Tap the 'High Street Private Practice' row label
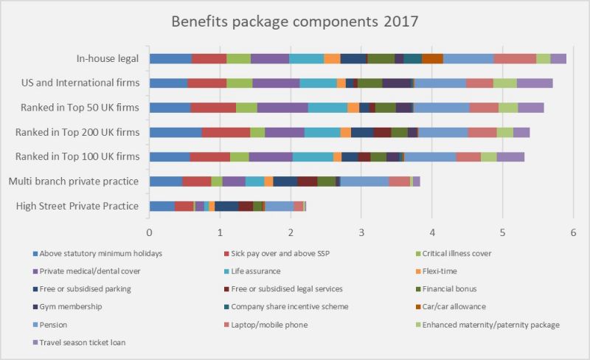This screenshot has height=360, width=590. coord(77,206)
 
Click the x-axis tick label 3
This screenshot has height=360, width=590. coord(361,233)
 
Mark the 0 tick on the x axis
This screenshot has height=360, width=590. coord(150,233)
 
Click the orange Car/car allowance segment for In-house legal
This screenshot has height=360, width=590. coord(432,59)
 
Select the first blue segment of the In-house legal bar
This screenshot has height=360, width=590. coord(170,59)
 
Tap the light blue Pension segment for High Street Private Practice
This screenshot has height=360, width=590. coord(279,206)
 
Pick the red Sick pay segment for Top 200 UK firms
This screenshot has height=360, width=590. coord(226,133)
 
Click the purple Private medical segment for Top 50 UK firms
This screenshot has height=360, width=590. coord(282,108)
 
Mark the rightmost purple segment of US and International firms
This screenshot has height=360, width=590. coord(535,83)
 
